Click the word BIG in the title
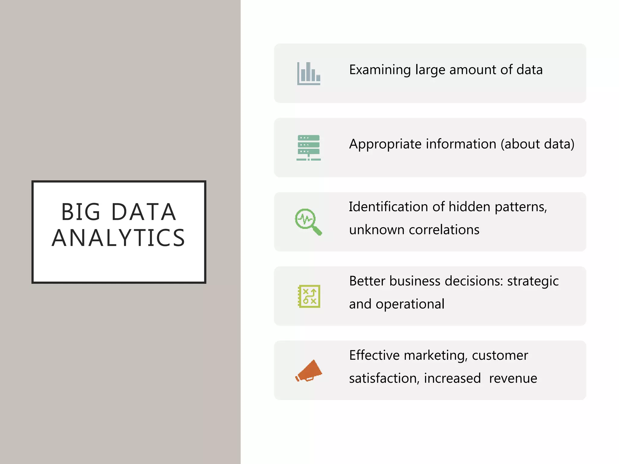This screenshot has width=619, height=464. tap(80, 212)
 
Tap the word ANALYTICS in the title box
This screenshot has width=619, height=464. tap(118, 238)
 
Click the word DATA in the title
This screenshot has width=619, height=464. tap(144, 212)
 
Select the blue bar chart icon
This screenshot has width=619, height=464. tap(308, 73)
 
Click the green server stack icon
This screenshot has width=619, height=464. tap(308, 148)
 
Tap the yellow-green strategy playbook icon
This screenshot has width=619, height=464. tap(309, 296)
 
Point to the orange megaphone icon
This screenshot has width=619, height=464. tap(309, 371)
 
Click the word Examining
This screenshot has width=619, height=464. tap(380, 70)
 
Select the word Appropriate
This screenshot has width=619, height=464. tap(385, 144)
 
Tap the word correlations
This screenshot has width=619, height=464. tap(444, 230)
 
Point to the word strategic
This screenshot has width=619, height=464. tap(533, 281)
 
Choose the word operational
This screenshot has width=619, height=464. tap(410, 304)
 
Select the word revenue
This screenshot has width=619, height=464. tap(513, 379)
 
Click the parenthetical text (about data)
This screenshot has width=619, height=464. tap(537, 144)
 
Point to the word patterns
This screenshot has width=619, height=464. tap(521, 207)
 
